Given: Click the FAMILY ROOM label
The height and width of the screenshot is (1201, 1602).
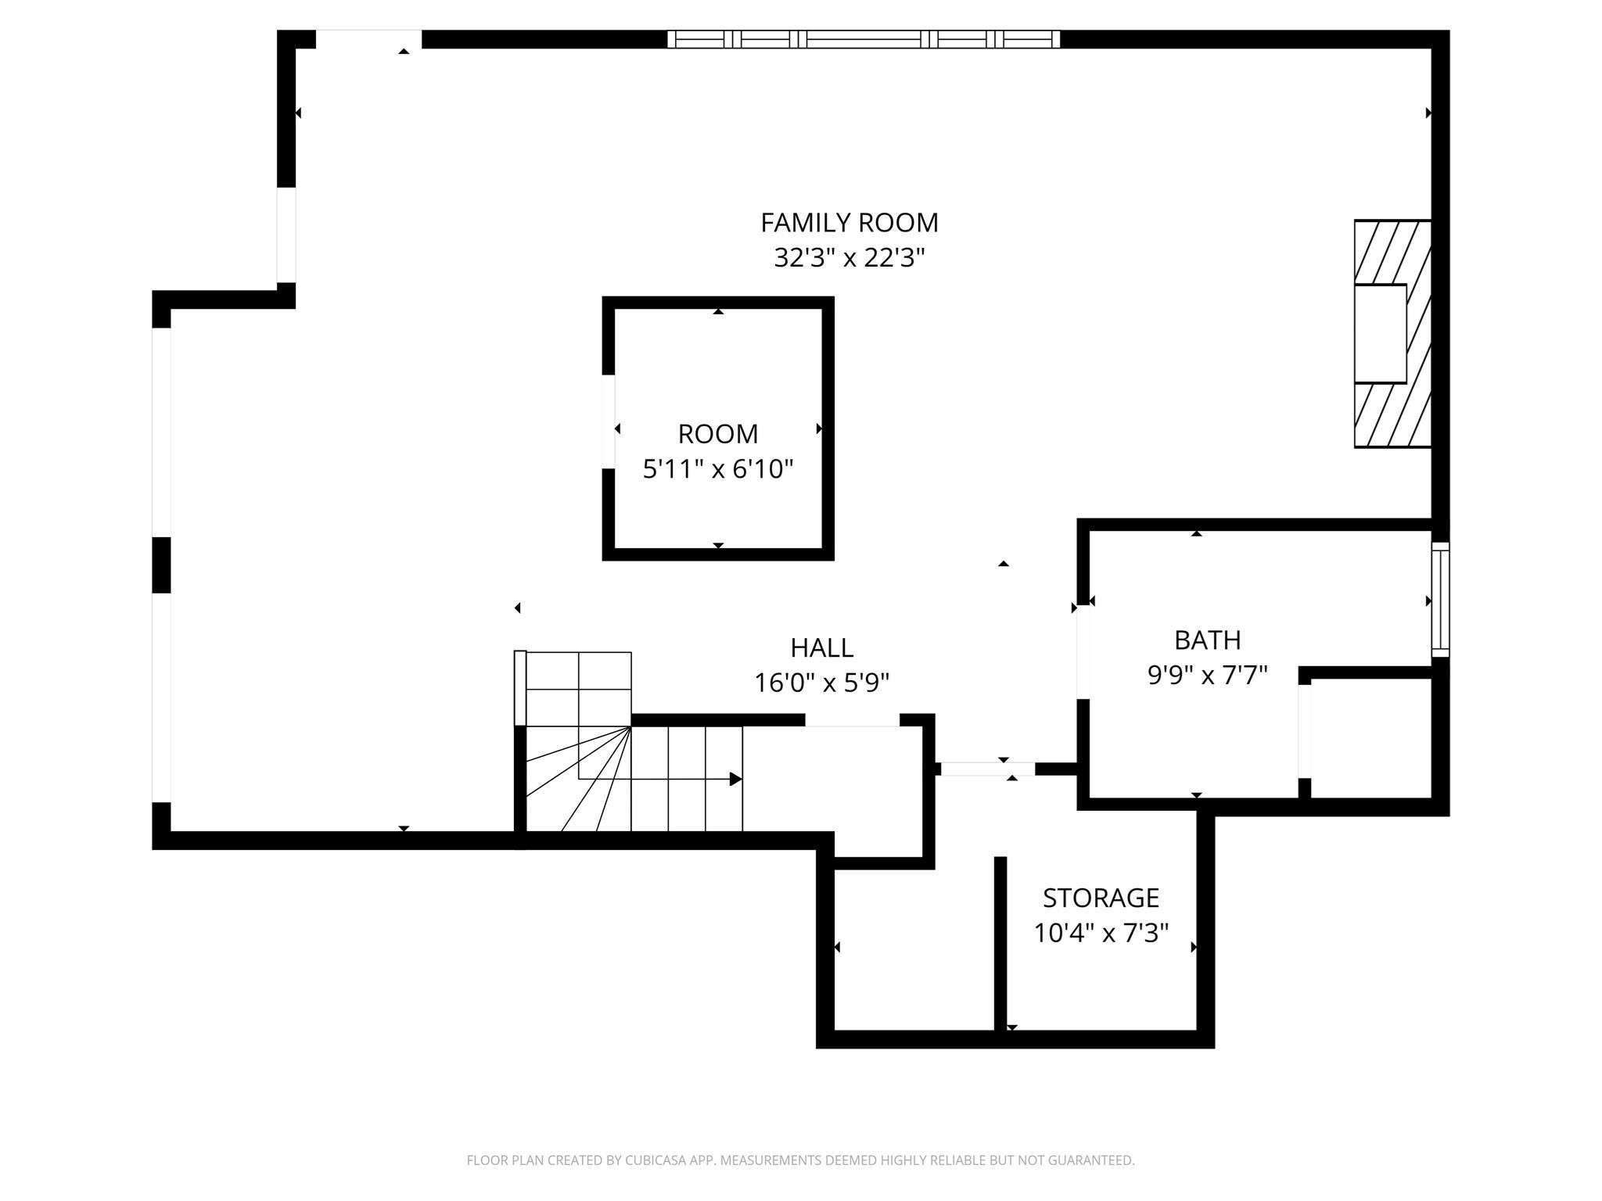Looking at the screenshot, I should point(849,223).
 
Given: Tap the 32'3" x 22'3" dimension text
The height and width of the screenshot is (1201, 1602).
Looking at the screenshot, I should point(849,258).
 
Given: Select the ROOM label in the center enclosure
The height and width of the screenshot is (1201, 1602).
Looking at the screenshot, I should point(717,434).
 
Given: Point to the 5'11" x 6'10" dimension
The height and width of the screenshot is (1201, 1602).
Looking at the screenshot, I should point(717,469).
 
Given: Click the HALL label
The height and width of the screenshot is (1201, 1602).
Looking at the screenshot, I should point(821,648).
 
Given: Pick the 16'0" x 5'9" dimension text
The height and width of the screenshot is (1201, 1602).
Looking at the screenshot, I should point(821,683).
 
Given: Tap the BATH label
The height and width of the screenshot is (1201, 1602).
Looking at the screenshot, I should point(1207,640).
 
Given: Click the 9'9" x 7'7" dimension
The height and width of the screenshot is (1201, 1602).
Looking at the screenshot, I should point(1207,676).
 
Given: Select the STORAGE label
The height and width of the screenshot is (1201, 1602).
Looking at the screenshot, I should point(1101,898).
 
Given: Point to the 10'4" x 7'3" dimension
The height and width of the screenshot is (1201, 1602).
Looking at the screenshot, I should point(1101,933).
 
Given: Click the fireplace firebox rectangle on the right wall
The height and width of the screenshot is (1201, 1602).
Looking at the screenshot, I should point(1381,333).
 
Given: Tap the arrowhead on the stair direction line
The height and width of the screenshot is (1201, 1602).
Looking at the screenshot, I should point(735,779).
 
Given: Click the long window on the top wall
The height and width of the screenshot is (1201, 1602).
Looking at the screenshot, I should point(864,39).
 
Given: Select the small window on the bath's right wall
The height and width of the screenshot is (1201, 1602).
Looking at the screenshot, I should point(1440,600).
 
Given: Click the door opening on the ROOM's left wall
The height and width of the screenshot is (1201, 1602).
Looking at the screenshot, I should point(608,421).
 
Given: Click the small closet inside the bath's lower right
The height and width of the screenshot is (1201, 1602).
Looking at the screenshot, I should point(1370,737).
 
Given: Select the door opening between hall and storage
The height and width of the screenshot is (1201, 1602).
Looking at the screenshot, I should point(987,769).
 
